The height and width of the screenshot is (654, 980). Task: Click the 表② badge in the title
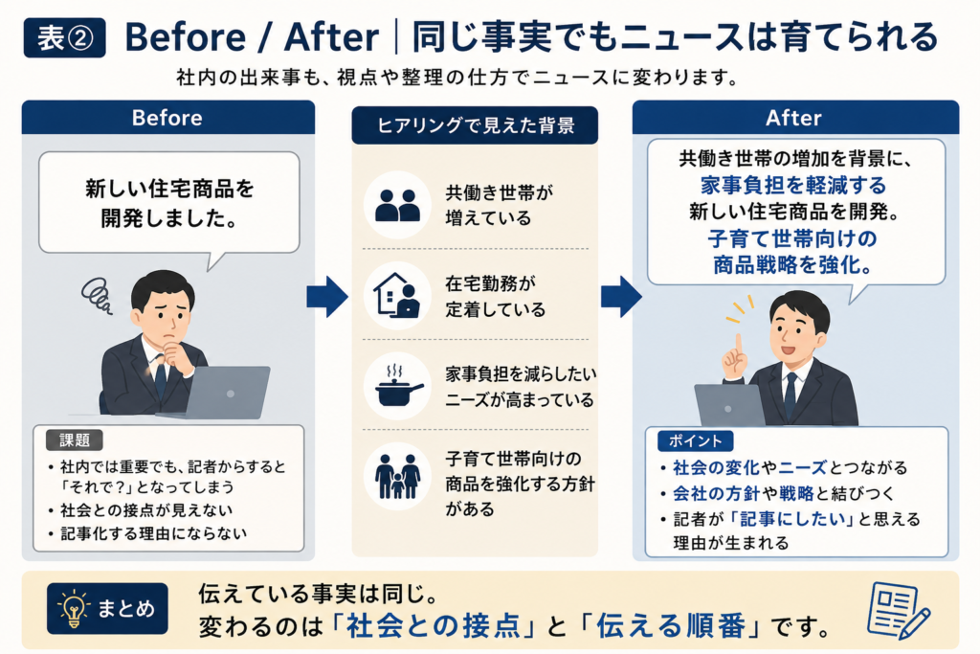(x=64, y=38)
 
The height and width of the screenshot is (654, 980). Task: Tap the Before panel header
(x=168, y=118)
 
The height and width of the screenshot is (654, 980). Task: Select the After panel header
(x=795, y=118)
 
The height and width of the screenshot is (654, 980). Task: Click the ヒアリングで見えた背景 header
(x=475, y=125)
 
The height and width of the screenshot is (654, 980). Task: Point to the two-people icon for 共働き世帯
(x=397, y=205)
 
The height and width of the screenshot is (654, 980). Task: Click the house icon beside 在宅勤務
(x=397, y=295)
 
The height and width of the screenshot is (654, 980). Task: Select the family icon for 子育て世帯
(x=397, y=476)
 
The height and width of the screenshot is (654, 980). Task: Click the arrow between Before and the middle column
(x=327, y=297)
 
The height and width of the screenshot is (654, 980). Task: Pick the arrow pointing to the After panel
(x=621, y=297)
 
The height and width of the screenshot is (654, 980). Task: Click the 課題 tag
(x=75, y=440)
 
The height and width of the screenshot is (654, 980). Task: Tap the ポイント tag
(x=695, y=440)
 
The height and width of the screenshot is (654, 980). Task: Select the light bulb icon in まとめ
(x=74, y=608)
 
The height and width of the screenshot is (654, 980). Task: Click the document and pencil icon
(x=899, y=610)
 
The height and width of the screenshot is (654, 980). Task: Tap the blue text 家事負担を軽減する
(x=793, y=186)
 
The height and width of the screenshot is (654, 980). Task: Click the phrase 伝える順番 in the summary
(x=671, y=626)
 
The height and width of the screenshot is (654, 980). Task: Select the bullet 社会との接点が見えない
(x=146, y=510)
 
